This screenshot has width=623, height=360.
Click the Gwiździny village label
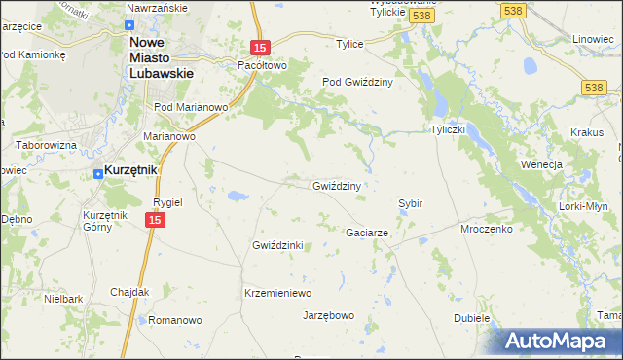(x=337, y=186)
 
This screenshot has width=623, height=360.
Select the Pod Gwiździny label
(x=357, y=83)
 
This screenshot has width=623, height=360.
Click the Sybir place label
(x=410, y=203)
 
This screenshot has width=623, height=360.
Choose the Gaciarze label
(x=368, y=234)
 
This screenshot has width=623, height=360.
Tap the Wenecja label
(x=542, y=164)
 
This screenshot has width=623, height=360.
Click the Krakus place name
(x=587, y=132)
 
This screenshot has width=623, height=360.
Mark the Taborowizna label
(x=46, y=145)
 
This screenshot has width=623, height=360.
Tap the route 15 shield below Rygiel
(x=154, y=222)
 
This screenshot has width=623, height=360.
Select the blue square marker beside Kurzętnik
(x=97, y=174)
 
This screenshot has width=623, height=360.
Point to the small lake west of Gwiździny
(x=237, y=196)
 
